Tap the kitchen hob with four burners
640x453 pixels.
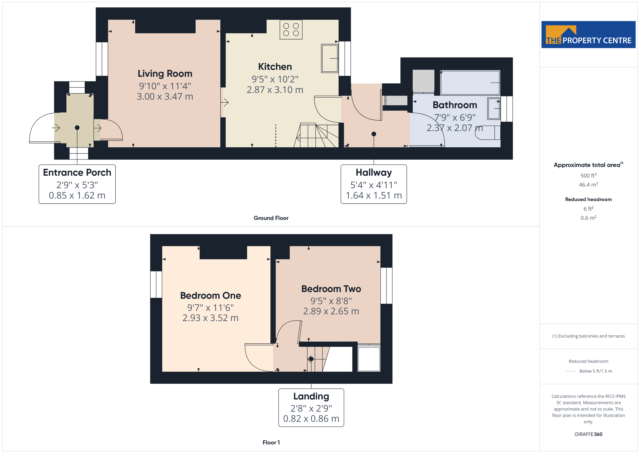point(291,30)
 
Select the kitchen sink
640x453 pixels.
point(330,58)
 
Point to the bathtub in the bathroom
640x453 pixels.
point(470,83)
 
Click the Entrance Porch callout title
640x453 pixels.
point(77,173)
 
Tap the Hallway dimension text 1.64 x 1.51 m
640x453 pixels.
point(374,195)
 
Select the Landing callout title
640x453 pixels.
point(311,396)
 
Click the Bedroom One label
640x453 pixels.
point(210,295)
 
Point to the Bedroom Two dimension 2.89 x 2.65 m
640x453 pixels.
point(331,311)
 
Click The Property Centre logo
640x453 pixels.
point(588,35)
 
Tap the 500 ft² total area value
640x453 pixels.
point(588,176)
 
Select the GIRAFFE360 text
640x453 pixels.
point(588,434)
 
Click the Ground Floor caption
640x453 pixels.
point(271,218)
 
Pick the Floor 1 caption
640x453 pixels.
point(271,442)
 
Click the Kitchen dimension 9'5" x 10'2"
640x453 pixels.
point(275,79)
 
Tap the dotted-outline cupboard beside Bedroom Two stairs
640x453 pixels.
point(369,359)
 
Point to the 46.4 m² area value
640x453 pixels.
point(588,185)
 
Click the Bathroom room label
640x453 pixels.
point(455,105)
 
